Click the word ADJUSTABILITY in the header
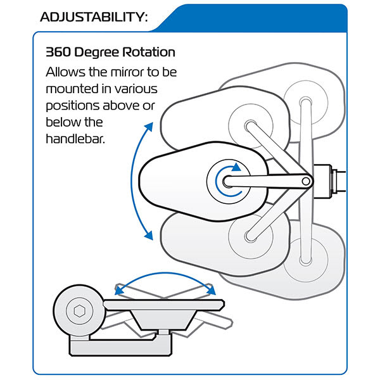tap(94, 16)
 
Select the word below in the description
tap(63, 120)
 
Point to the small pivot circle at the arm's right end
tap(307, 181)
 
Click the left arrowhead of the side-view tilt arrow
tap(118, 290)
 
